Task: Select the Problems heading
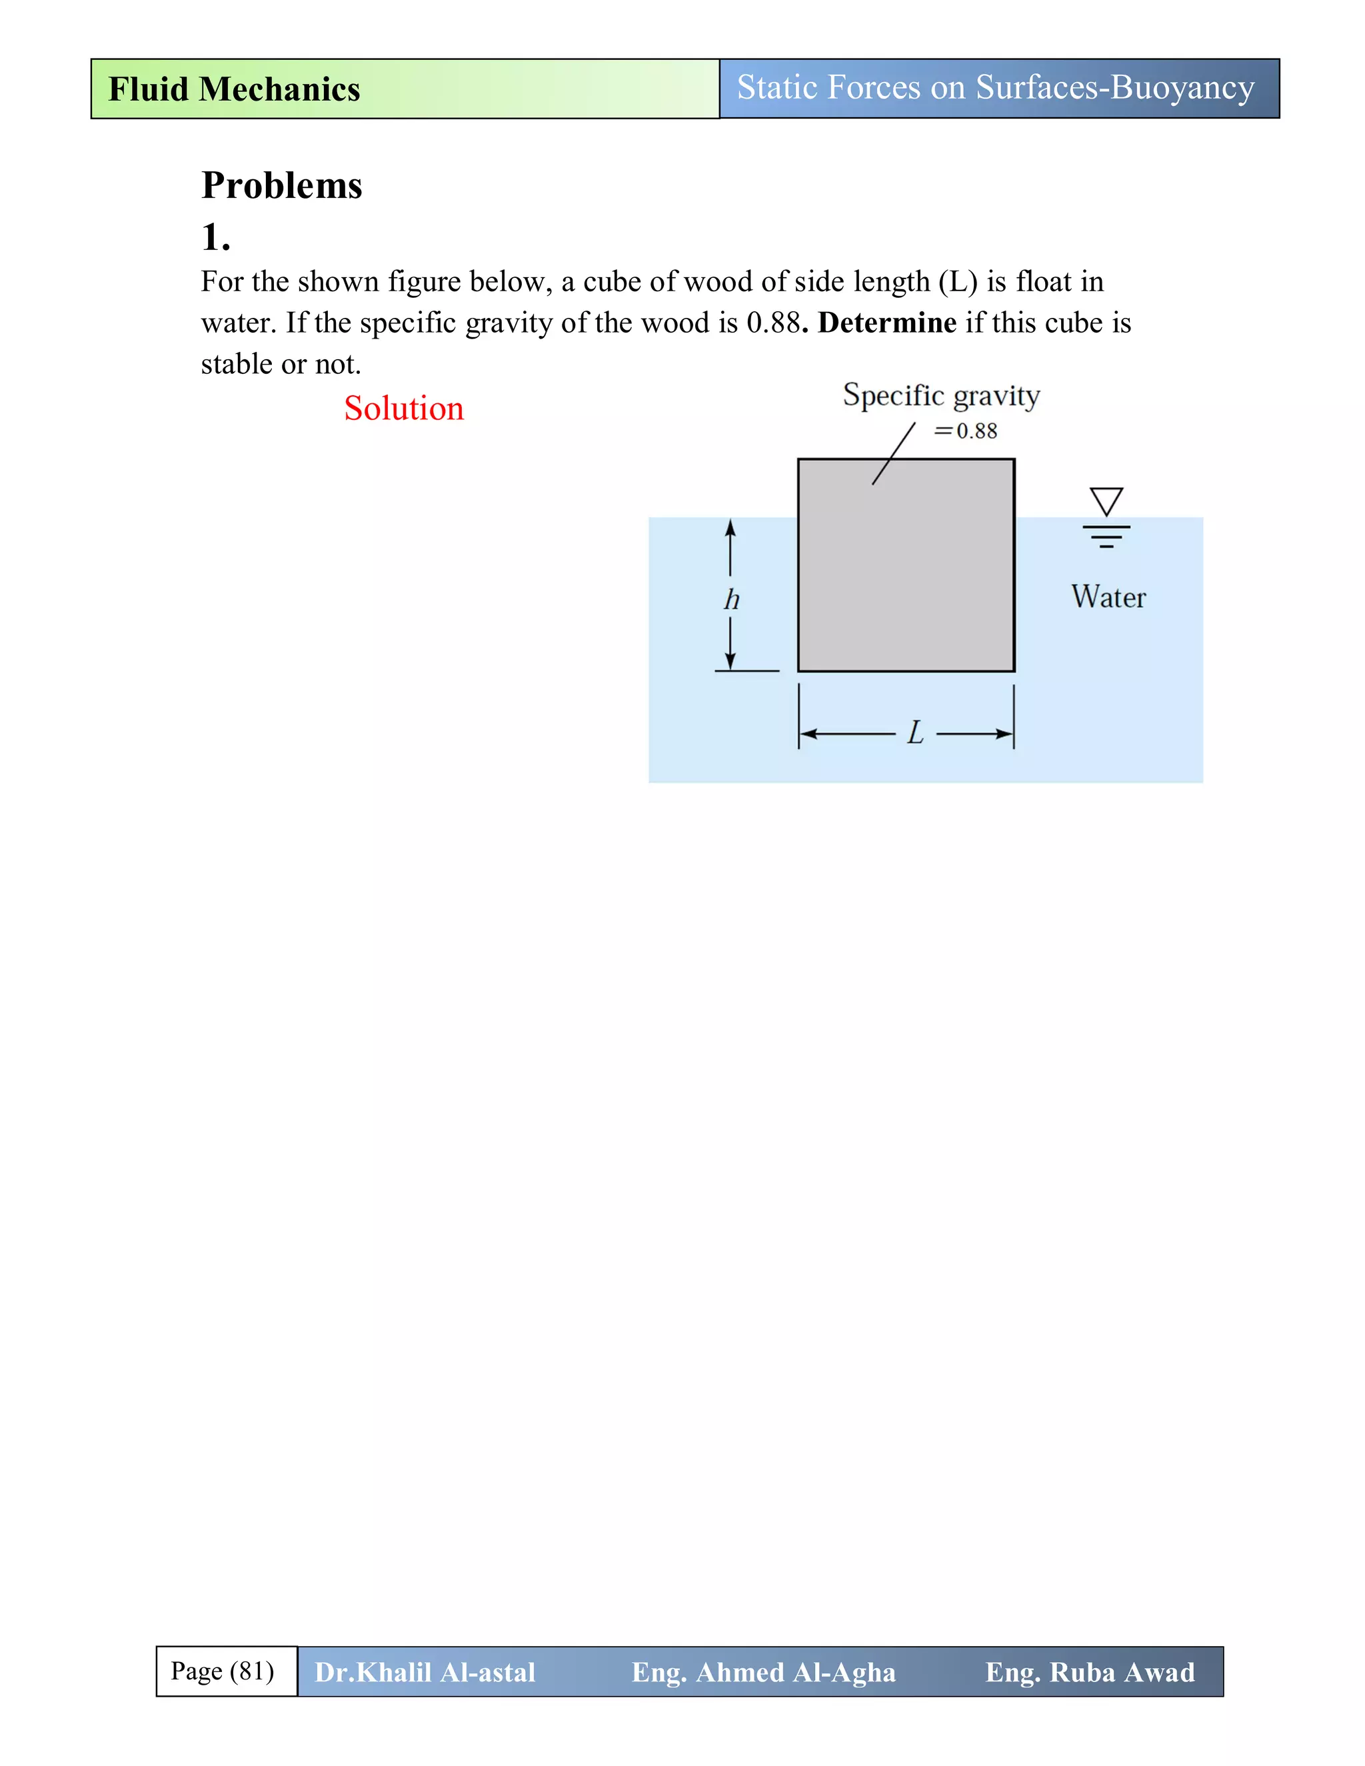(281, 185)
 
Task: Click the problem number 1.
(215, 237)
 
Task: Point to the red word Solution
(403, 409)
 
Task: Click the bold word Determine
(886, 323)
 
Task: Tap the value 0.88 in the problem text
(772, 323)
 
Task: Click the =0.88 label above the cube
(966, 431)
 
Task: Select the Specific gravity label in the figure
(940, 395)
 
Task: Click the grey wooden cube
(906, 566)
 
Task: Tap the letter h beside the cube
(731, 600)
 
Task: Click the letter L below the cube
(914, 734)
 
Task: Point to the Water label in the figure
(1108, 596)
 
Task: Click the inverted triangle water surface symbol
(1106, 500)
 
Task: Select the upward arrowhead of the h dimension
(730, 528)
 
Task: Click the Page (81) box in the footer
(223, 1671)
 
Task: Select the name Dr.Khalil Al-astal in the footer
(425, 1672)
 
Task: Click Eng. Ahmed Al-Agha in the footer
(763, 1672)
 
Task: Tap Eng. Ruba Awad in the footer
(1089, 1672)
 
